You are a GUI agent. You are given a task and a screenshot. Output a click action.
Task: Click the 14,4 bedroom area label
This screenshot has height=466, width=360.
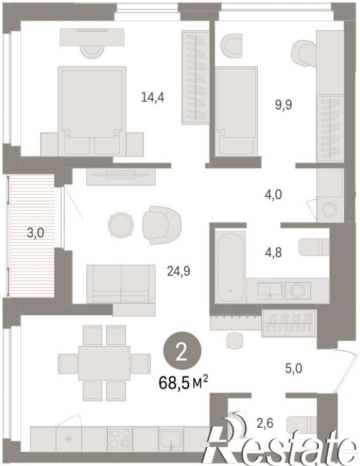click(152, 97)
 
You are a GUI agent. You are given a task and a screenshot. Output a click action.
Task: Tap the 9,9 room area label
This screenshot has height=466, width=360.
click(284, 105)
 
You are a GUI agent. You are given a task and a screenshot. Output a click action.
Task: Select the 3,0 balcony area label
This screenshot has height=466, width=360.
click(35, 233)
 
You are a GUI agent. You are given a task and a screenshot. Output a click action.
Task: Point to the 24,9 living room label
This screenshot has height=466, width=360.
click(179, 271)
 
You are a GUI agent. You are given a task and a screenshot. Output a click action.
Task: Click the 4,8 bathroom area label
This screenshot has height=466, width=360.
click(273, 252)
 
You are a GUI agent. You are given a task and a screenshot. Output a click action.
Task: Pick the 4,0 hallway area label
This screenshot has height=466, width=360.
click(273, 195)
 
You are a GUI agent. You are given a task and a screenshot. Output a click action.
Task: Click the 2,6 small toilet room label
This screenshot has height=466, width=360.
click(264, 423)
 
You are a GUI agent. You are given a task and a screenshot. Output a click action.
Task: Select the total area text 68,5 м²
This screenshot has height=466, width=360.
click(183, 383)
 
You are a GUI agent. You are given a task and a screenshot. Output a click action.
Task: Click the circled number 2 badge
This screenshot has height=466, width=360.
click(182, 351)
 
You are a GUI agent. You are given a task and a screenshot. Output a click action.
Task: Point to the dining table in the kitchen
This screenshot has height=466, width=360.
click(104, 363)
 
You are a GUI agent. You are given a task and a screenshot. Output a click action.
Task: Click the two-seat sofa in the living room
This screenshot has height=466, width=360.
click(121, 284)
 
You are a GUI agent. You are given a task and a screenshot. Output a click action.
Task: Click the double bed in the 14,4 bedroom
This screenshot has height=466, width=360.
click(92, 111)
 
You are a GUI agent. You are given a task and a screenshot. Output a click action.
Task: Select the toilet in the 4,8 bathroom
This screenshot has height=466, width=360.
click(314, 247)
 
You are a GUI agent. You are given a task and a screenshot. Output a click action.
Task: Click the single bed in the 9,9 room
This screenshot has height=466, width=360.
click(236, 111)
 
